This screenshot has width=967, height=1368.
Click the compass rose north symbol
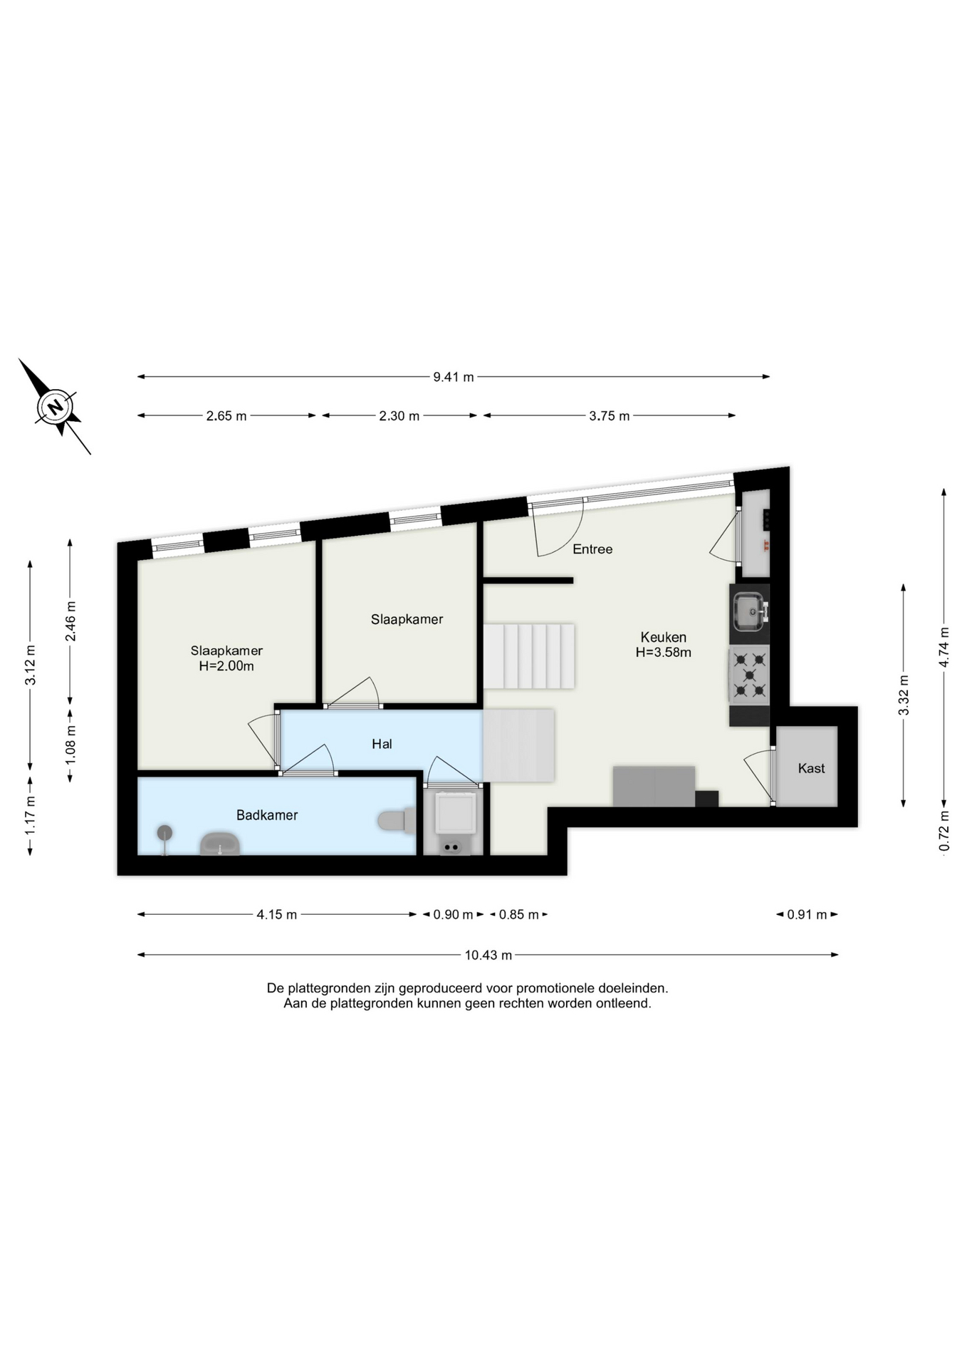click(56, 407)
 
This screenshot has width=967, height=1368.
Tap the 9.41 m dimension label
click(454, 377)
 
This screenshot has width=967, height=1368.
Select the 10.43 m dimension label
click(488, 955)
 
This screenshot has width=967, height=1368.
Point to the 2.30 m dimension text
click(399, 416)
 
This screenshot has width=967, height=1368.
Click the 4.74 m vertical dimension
click(944, 647)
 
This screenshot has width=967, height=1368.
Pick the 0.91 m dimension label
click(807, 915)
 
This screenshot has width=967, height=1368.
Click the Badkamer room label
click(267, 815)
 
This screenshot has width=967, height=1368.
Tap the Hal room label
click(382, 744)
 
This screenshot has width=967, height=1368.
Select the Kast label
click(811, 768)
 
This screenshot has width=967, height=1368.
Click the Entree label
click(592, 549)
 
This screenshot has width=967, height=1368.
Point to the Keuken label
click(663, 637)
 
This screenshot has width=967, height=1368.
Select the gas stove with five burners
click(749, 674)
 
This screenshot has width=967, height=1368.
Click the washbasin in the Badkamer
click(220, 844)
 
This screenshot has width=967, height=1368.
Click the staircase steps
click(528, 655)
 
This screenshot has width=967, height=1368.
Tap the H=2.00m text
click(226, 667)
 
